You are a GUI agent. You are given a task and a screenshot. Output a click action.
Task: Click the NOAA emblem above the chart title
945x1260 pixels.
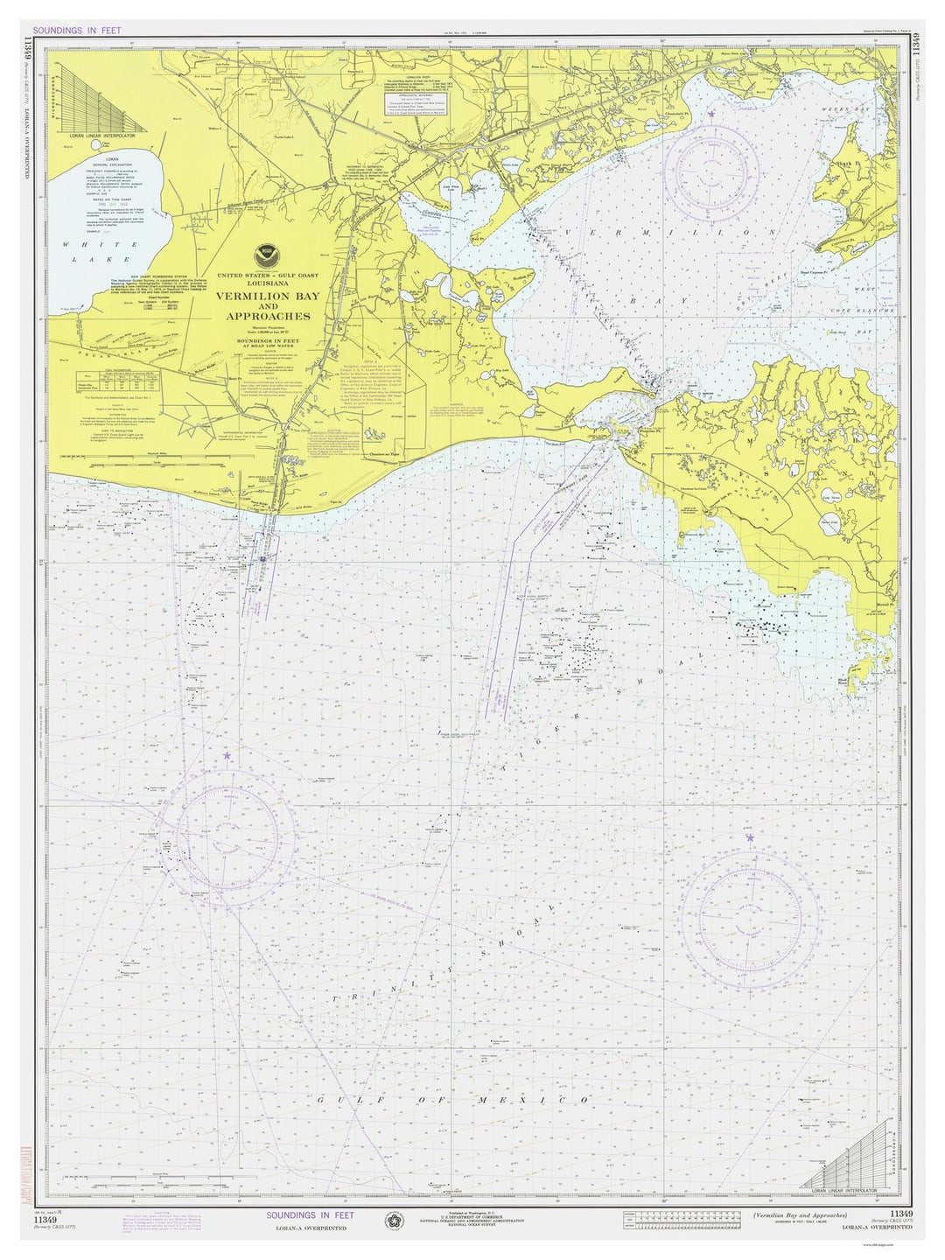click(267, 255)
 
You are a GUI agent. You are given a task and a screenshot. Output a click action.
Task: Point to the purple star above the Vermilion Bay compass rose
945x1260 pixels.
click(712, 114)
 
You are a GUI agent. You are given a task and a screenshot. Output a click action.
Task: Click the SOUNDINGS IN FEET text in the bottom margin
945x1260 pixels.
click(311, 1215)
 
